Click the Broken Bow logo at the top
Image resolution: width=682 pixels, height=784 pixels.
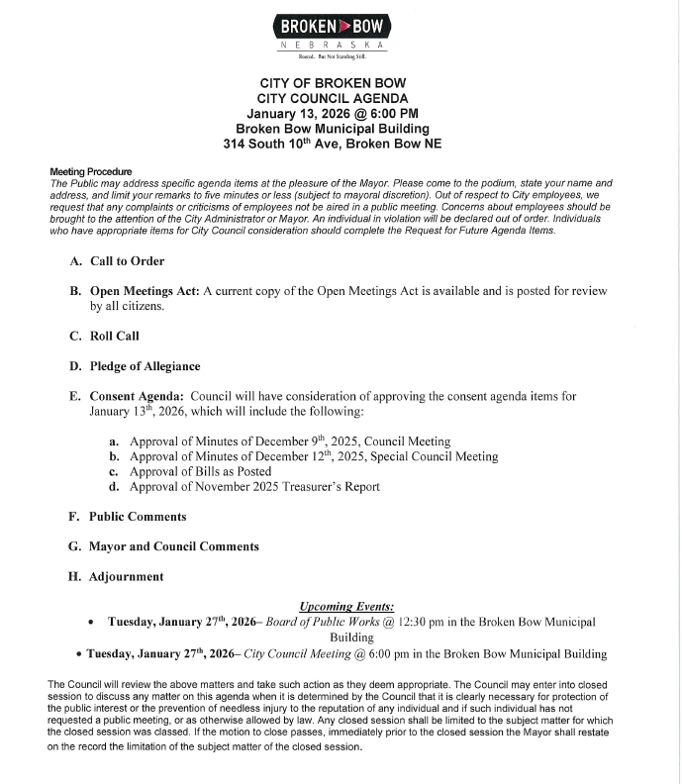[x=333, y=31]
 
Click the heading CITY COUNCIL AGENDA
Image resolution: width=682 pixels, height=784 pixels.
[x=332, y=98]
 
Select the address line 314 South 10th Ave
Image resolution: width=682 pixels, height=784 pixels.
[x=332, y=145]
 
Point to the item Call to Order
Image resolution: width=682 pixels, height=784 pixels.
[x=127, y=261]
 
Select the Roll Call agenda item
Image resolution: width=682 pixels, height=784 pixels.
[x=114, y=336]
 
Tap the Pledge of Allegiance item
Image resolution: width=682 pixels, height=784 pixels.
[x=145, y=366]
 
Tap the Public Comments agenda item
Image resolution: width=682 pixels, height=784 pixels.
[x=138, y=516]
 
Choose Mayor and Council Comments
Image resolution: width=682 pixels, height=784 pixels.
[x=173, y=545]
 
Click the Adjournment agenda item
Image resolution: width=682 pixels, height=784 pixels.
[x=126, y=576]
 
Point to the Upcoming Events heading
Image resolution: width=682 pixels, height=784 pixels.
[x=346, y=606]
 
